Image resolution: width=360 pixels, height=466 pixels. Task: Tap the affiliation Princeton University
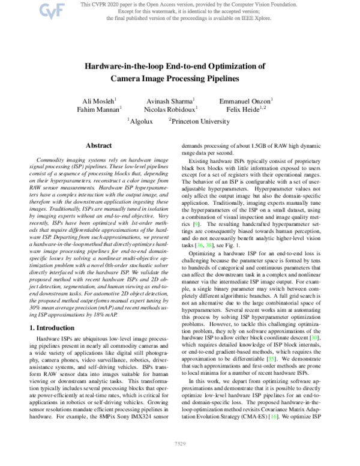pyautogui.click(x=199, y=121)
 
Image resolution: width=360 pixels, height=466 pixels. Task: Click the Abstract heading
pyautogui.click(x=100, y=146)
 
